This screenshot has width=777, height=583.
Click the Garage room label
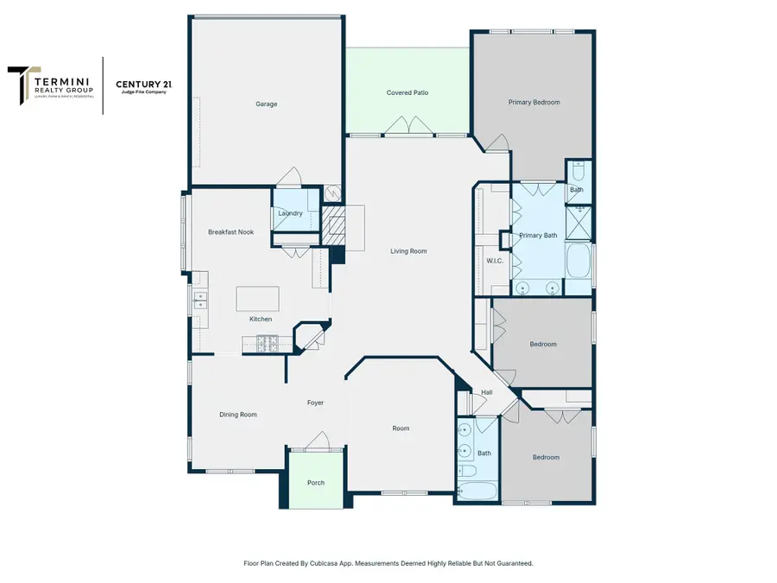click(x=266, y=104)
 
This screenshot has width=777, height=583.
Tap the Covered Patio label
click(x=407, y=92)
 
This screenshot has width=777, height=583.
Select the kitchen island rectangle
click(x=258, y=299)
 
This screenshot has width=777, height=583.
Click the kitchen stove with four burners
click(x=267, y=344)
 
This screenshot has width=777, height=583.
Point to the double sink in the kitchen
click(x=200, y=301)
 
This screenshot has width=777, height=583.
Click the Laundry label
click(x=290, y=213)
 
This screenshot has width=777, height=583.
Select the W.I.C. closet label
click(x=495, y=260)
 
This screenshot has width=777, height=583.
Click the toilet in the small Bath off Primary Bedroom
click(x=578, y=168)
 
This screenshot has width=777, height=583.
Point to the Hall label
click(x=487, y=393)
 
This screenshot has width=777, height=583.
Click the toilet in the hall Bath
click(x=466, y=472)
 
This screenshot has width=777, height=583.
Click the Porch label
click(x=316, y=483)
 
